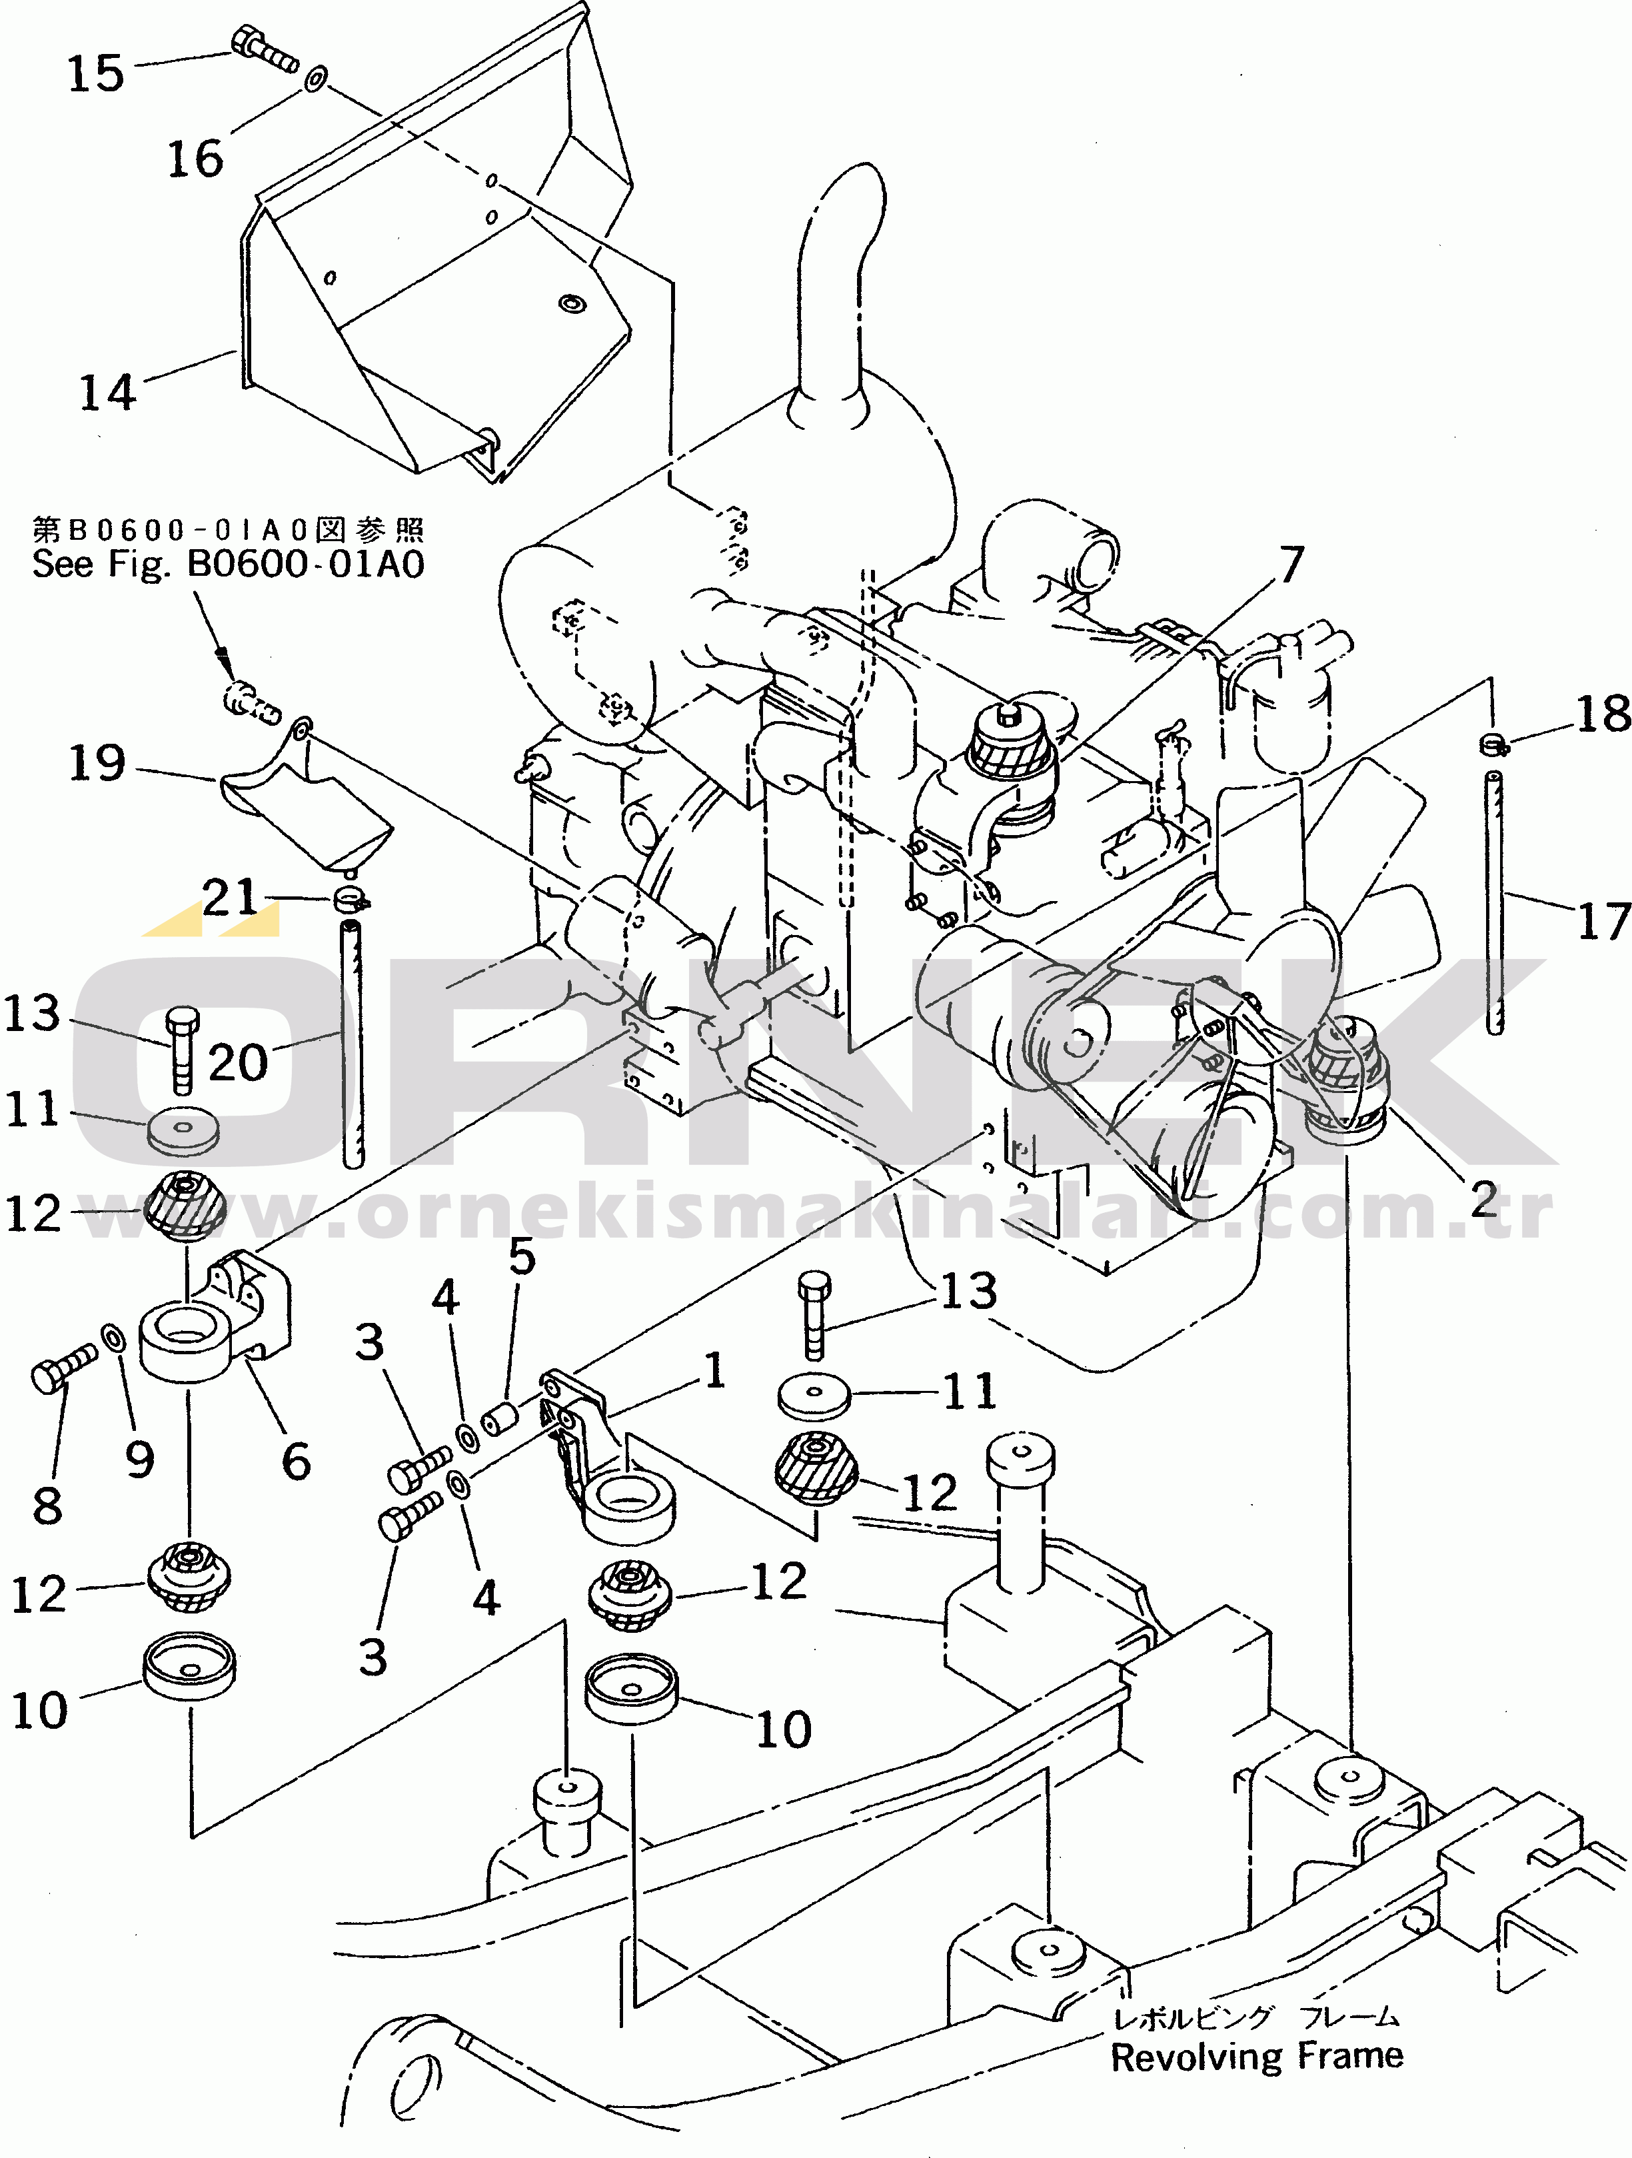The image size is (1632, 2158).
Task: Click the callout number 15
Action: point(95,74)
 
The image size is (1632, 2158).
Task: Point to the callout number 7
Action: point(1291,564)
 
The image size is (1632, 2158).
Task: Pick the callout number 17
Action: point(1603,920)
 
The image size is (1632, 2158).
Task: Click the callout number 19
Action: point(97,763)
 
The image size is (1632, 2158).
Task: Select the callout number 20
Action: point(237,1062)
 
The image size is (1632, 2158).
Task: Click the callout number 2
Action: point(1483,1198)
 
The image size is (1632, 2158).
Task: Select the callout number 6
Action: point(296,1462)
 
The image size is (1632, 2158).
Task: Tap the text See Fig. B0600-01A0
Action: point(229,564)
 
